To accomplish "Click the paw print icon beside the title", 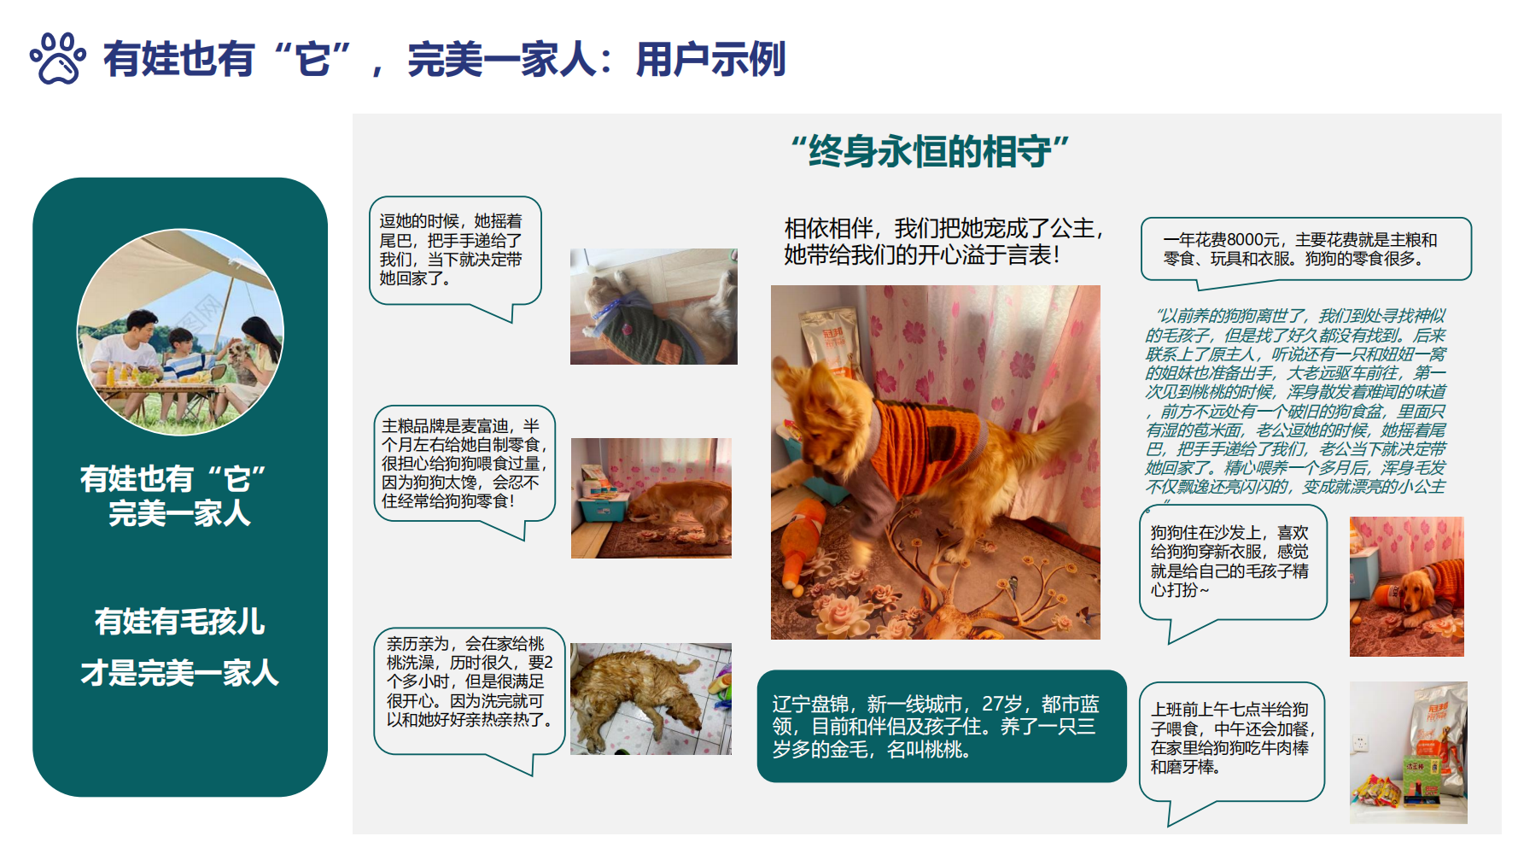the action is pyautogui.click(x=58, y=58).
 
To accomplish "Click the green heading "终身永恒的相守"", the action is pyautogui.click(x=930, y=151).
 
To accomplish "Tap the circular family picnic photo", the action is pyautogui.click(x=180, y=332).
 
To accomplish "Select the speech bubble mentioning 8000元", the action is pyautogui.click(x=1306, y=249).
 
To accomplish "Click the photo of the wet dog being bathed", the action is pyautogui.click(x=651, y=699).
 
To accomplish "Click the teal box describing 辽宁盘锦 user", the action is pyautogui.click(x=942, y=726).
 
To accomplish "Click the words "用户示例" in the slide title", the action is pyautogui.click(x=710, y=60).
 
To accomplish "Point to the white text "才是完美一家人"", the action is pyautogui.click(x=180, y=673).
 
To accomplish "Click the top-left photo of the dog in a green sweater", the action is pyautogui.click(x=653, y=307).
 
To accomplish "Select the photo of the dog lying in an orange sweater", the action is pyautogui.click(x=1406, y=587).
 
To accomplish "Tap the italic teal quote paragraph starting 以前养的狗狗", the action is pyautogui.click(x=1296, y=401).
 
